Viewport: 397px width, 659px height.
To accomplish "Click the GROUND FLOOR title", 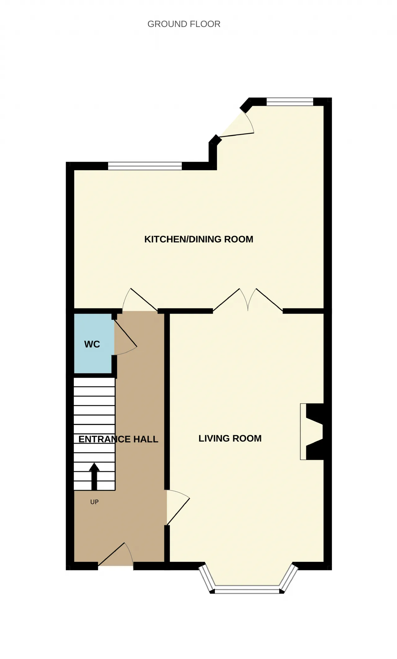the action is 184,24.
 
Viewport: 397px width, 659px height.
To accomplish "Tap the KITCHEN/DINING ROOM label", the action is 199,239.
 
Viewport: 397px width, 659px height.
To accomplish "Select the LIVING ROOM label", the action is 230,438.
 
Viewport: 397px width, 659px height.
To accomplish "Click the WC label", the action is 92,344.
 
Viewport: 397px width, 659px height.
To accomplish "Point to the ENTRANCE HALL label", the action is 118,439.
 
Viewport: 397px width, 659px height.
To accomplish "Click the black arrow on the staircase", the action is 94,477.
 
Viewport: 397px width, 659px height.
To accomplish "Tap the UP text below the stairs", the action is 94,502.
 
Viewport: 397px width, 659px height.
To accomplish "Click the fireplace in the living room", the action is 312,432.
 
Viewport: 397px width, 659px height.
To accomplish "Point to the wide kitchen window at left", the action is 145,166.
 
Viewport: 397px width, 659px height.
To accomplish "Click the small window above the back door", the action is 290,102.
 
